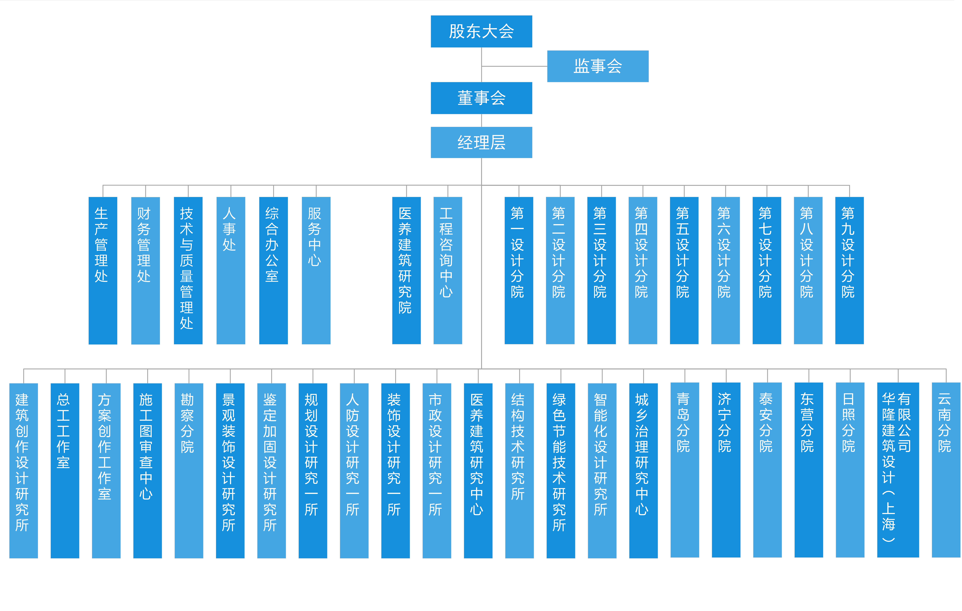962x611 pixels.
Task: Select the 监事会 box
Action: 598,66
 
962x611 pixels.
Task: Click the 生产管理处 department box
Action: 103,271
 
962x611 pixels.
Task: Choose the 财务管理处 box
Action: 145,271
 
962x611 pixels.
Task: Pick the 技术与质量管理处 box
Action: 188,271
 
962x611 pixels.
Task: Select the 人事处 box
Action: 231,271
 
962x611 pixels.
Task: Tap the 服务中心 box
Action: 316,271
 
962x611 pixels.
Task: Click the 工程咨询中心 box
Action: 448,271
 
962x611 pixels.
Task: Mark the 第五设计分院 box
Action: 684,271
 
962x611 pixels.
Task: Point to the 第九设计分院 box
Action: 849,271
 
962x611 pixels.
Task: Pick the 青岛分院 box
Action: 685,470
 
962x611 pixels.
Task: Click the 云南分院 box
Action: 946,470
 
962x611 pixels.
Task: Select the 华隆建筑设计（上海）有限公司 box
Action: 898,470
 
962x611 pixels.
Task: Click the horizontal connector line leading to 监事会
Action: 514,66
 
